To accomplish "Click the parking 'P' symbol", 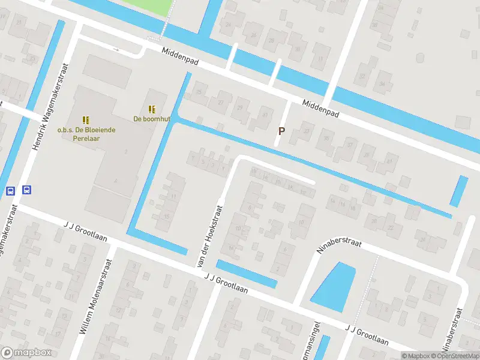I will click(280, 131).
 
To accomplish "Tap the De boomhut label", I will click(151, 119).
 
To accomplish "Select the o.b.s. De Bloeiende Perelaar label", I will click(86, 133).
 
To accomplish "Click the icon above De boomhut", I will click(152, 109).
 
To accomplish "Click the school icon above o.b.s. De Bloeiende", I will click(86, 119).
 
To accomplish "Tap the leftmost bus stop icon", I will click(10, 191).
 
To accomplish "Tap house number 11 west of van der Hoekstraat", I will click(173, 196).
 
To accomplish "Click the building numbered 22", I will click(391, 228).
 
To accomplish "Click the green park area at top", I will click(150, 7).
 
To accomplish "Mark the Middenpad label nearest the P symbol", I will click(320, 108).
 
